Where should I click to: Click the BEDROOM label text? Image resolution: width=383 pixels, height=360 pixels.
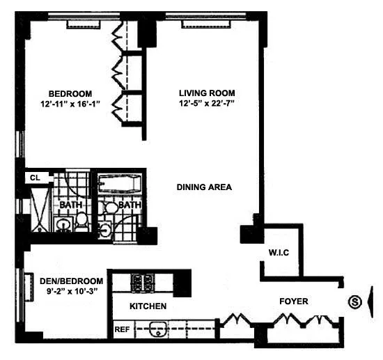point(70,93)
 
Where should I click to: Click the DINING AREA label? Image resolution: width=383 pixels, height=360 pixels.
point(204,187)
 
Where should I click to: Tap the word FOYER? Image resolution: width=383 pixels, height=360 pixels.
point(294,302)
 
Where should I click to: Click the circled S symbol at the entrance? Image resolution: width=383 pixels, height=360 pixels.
point(355,302)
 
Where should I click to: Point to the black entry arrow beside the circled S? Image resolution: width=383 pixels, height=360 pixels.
point(370,302)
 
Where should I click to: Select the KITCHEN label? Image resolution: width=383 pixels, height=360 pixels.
point(148,306)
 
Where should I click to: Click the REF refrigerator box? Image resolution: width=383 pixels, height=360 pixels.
point(121,328)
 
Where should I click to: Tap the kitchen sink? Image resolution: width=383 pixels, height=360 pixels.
point(155,328)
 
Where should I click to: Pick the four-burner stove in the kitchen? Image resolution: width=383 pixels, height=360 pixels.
point(143,282)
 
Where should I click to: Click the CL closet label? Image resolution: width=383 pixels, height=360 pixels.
point(33,178)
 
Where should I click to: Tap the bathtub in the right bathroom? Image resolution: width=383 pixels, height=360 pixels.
point(120,186)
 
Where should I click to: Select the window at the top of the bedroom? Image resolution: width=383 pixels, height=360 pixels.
point(86,25)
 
